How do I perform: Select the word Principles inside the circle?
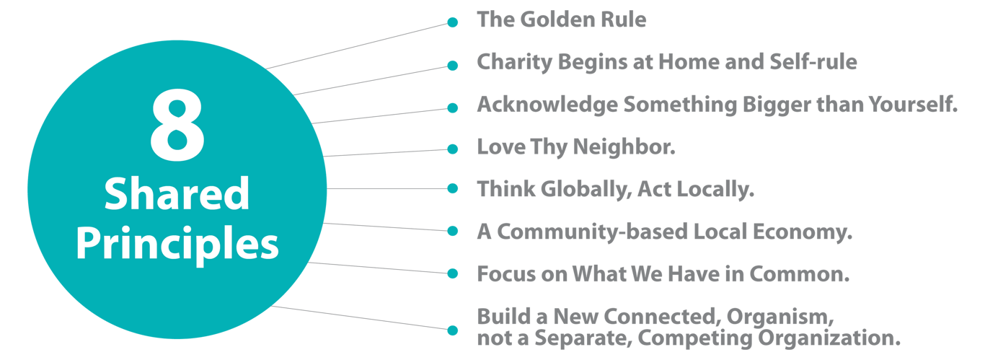[177, 245]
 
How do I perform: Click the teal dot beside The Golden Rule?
[452, 23]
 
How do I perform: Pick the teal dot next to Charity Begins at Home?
[452, 66]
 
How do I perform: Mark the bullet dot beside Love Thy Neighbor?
[452, 149]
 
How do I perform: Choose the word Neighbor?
[624, 148]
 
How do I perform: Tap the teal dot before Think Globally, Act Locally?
[452, 188]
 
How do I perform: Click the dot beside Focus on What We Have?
[452, 273]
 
